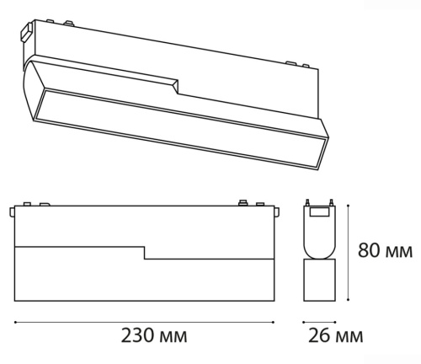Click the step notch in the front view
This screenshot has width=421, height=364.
pyautogui.click(x=144, y=253)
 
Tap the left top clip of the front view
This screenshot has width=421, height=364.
pyautogui.click(x=27, y=204)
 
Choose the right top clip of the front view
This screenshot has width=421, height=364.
pyautogui.click(x=243, y=203)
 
